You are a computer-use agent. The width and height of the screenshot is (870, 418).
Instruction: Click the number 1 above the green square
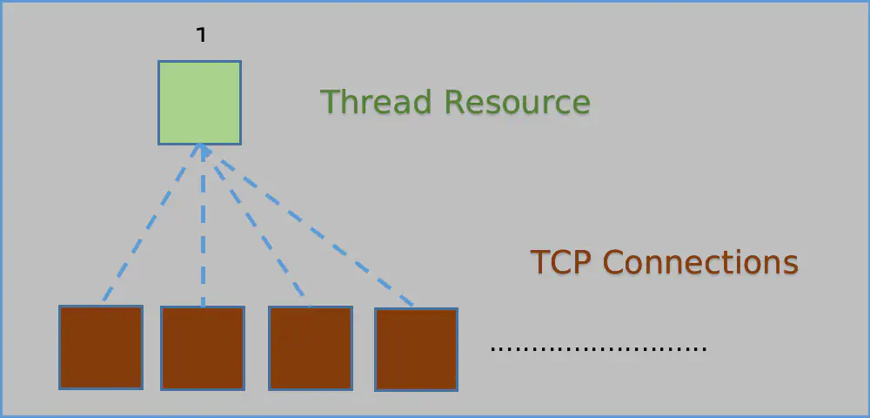click(202, 35)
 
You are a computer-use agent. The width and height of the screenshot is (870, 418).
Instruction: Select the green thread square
click(200, 103)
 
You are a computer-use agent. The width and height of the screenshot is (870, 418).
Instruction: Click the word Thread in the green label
click(376, 102)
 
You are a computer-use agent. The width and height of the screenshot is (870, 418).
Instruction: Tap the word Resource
click(518, 102)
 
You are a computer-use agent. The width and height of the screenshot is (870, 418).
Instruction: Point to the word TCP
click(562, 262)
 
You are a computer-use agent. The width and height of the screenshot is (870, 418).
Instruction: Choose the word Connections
click(700, 262)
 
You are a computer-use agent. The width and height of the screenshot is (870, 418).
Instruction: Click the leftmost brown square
click(101, 347)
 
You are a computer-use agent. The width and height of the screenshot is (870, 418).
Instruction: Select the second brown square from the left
click(203, 348)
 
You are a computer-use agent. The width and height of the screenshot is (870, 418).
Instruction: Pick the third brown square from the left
click(311, 348)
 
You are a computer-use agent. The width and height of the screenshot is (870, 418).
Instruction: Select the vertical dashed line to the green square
click(203, 226)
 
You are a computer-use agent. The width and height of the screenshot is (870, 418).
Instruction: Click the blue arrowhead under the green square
click(203, 150)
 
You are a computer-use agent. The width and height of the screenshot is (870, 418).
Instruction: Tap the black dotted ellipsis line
click(599, 349)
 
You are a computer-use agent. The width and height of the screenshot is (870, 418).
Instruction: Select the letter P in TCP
click(585, 262)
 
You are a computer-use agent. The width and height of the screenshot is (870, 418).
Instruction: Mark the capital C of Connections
click(613, 262)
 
